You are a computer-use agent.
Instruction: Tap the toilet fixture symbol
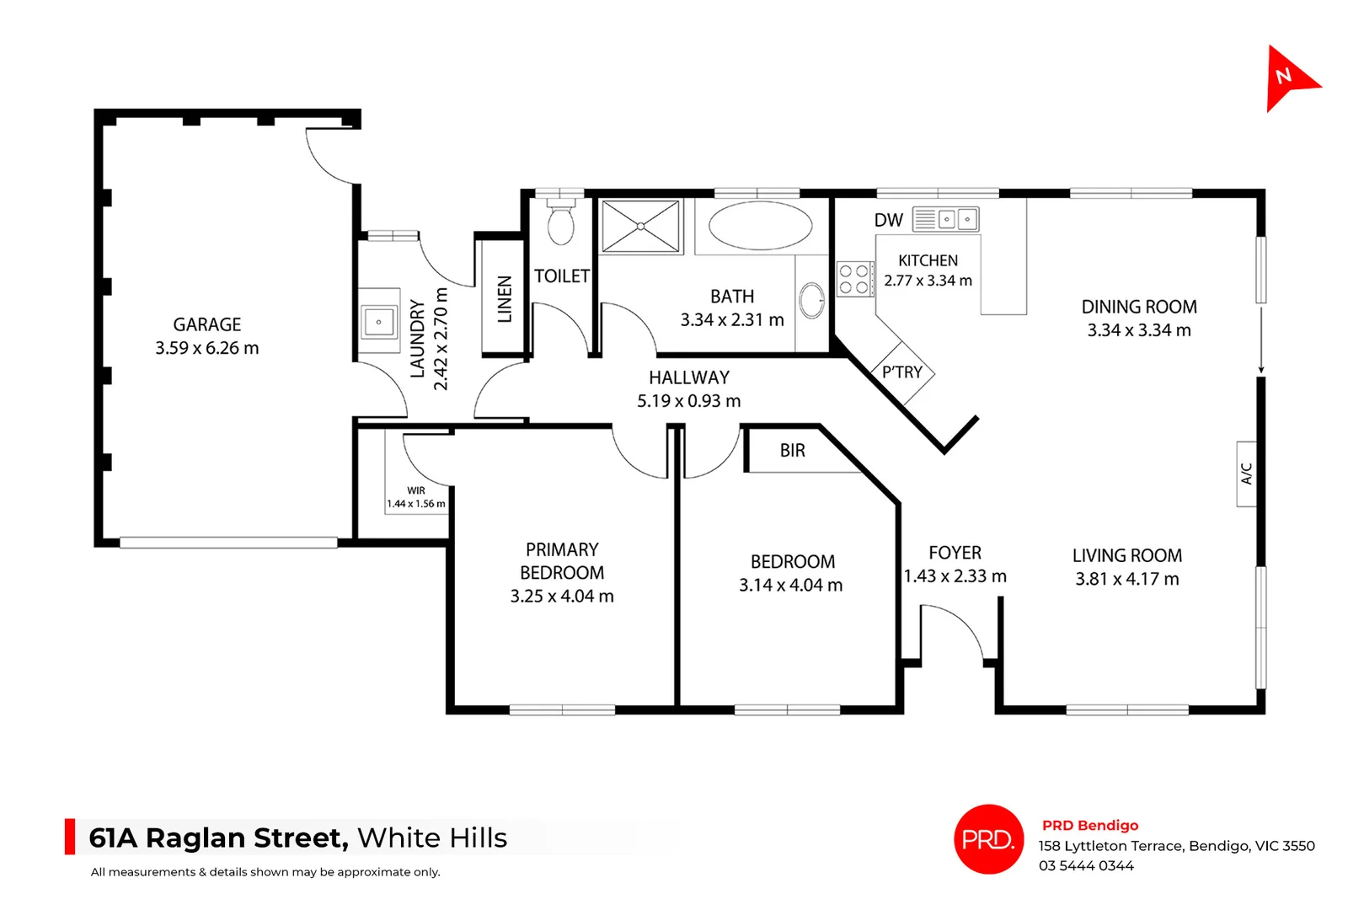point(560,222)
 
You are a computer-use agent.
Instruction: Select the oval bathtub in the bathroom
point(760,225)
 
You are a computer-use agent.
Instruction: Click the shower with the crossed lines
point(640,226)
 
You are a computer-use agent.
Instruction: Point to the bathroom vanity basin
point(811,299)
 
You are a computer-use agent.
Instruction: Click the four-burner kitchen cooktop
point(853,280)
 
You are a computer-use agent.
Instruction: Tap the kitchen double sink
point(957,220)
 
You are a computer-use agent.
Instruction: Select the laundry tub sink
point(379,321)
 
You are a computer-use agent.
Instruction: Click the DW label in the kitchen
point(888,221)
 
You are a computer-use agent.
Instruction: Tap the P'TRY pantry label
point(901,372)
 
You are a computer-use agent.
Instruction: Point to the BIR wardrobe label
point(792,451)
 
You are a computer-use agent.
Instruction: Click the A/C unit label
point(1247,474)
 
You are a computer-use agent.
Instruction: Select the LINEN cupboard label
point(505,299)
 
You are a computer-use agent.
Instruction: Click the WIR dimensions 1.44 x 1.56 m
point(416,504)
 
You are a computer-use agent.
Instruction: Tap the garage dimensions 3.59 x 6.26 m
point(207,348)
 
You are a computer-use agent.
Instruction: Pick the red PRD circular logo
point(988,839)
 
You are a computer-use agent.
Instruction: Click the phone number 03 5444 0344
point(1086,866)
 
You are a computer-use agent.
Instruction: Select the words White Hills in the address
point(432,838)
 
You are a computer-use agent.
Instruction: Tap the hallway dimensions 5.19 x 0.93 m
point(688,401)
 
